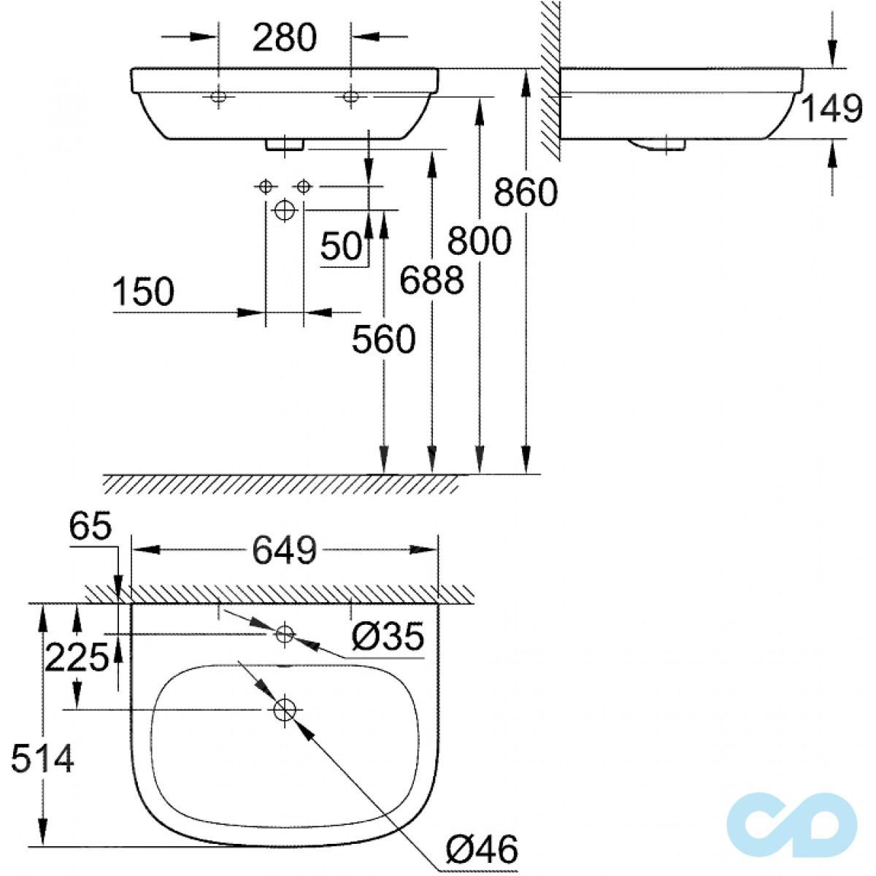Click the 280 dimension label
(284, 38)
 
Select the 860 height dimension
(525, 193)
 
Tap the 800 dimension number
(479, 241)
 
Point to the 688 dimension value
(432, 280)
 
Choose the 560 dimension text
(383, 339)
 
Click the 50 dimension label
(342, 247)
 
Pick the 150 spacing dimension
(144, 293)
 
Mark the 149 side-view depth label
(832, 109)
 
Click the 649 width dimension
(284, 550)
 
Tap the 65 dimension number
(91, 527)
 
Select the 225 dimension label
(77, 659)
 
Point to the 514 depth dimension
(42, 761)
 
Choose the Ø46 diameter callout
(481, 850)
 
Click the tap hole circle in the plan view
(284, 634)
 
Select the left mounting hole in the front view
(218, 96)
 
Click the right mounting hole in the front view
(351, 96)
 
